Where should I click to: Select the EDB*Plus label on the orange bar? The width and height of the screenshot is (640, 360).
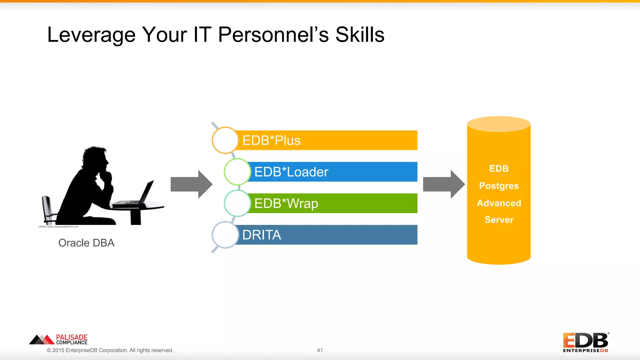(271, 140)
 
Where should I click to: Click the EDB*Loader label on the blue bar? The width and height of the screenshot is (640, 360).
(291, 172)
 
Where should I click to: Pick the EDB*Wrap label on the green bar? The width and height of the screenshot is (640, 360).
(286, 203)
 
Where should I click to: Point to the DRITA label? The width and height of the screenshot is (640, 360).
(262, 235)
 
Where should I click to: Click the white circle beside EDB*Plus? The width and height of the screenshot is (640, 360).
(225, 140)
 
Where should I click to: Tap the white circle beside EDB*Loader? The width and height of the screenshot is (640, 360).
(237, 172)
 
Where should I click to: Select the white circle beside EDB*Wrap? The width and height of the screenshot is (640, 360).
(237, 203)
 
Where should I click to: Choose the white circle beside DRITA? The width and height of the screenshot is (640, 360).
(225, 235)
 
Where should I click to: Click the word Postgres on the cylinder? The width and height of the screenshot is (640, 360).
(499, 186)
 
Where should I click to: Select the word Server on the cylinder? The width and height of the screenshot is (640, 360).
(499, 220)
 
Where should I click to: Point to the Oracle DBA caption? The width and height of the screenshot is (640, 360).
(86, 243)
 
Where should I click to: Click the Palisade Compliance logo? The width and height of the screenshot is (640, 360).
(59, 339)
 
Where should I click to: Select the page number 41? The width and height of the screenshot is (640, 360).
(320, 350)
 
